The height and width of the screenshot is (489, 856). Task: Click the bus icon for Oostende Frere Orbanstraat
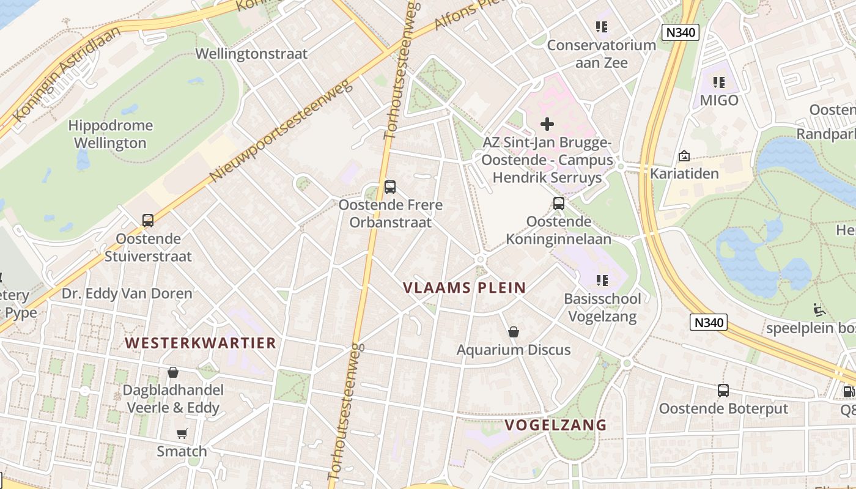point(389,187)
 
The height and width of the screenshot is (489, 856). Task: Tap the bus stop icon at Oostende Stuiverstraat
point(147,221)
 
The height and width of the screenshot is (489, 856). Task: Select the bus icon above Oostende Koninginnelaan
point(558,204)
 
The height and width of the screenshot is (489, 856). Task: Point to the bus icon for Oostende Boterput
point(723,390)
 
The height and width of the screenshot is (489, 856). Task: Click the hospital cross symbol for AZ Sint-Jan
point(547,124)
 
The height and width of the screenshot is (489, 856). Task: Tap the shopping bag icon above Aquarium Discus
point(514,332)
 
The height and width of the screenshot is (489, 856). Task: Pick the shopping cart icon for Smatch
point(182,433)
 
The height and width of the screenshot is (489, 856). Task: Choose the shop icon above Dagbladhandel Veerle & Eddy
point(173,372)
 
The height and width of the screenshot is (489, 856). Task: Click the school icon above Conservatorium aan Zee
point(602,27)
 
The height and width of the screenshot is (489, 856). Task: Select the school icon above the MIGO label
point(719,82)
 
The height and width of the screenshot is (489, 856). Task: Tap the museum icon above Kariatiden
point(684,156)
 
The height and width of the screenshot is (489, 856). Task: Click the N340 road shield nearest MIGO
point(680,32)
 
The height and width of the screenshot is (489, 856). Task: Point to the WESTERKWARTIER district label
point(201,343)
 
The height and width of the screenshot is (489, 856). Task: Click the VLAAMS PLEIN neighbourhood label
point(465,288)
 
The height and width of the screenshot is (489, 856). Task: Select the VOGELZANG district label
point(555,425)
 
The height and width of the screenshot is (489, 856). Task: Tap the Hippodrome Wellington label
point(110,134)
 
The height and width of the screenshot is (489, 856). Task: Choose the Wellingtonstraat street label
point(251,54)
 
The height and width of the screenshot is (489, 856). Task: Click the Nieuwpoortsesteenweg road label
point(282,130)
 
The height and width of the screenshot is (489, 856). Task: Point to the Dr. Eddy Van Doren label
point(127,293)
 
